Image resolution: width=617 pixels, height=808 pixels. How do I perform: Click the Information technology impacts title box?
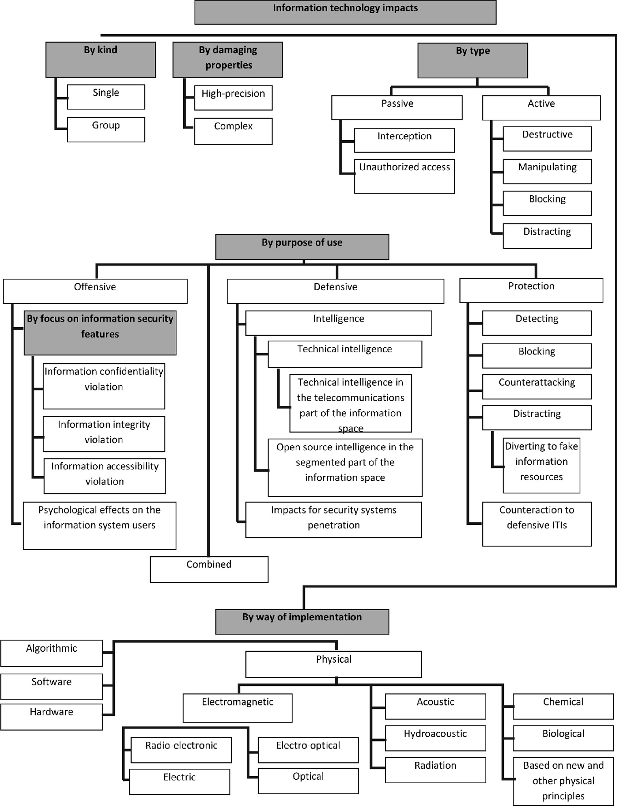tap(345, 12)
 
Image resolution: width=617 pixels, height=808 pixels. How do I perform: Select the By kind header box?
tap(100, 59)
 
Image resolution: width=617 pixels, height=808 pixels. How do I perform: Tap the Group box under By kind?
tap(106, 129)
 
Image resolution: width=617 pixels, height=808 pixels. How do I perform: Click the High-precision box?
tap(233, 98)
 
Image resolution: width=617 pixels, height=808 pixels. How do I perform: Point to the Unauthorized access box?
tap(404, 176)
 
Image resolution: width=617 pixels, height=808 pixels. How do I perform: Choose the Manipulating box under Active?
tap(547, 171)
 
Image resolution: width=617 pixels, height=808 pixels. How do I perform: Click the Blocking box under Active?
tap(547, 203)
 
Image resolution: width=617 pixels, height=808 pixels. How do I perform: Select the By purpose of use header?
tap(302, 247)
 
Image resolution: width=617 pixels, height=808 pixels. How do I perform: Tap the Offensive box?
tap(95, 291)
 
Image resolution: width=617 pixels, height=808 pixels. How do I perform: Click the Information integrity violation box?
tap(104, 434)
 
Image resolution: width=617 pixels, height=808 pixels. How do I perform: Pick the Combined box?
tap(209, 569)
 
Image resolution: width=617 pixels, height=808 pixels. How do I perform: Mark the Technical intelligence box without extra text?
tap(345, 355)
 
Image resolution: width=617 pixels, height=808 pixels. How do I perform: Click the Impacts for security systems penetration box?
tap(333, 519)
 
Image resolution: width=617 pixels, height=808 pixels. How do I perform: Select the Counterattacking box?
tap(537, 386)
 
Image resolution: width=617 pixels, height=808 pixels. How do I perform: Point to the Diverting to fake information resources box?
tap(541, 465)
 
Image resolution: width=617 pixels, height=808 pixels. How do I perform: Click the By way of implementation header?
tap(302, 621)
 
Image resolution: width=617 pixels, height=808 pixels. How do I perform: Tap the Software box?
tap(51, 686)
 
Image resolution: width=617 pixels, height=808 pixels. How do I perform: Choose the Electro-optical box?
tap(308, 749)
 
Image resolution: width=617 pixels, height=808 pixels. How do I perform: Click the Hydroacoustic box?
tap(435, 738)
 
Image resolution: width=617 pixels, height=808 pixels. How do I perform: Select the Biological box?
tap(563, 738)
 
